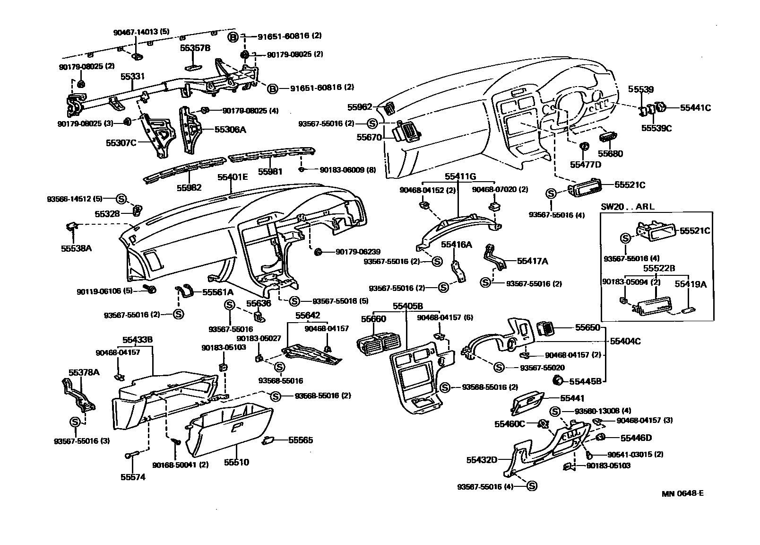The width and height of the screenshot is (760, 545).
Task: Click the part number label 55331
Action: click(x=132, y=76)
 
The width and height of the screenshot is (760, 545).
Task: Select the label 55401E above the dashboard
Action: click(x=233, y=177)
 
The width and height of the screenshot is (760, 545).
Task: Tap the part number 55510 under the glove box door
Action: click(x=236, y=462)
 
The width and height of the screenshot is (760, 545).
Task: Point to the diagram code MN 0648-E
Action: click(x=682, y=493)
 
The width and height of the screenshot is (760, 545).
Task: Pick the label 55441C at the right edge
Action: click(x=695, y=108)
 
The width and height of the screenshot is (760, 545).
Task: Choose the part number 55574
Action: click(x=133, y=477)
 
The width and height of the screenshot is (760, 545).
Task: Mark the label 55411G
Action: click(x=460, y=176)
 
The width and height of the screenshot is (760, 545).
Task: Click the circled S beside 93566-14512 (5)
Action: click(x=121, y=198)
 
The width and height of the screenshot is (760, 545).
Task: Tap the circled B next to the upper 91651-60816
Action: click(x=233, y=36)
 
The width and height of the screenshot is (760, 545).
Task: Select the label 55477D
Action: click(x=585, y=164)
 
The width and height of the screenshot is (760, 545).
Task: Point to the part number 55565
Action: click(x=301, y=440)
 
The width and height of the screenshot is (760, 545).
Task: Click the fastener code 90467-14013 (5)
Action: click(x=141, y=32)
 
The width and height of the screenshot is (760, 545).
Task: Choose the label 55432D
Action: click(x=482, y=459)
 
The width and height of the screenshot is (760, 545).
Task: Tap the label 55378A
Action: click(x=84, y=372)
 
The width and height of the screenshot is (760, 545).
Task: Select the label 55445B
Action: click(x=585, y=381)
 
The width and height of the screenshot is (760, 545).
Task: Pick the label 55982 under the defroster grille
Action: click(x=189, y=187)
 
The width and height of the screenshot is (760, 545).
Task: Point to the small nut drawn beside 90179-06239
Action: click(x=318, y=251)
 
